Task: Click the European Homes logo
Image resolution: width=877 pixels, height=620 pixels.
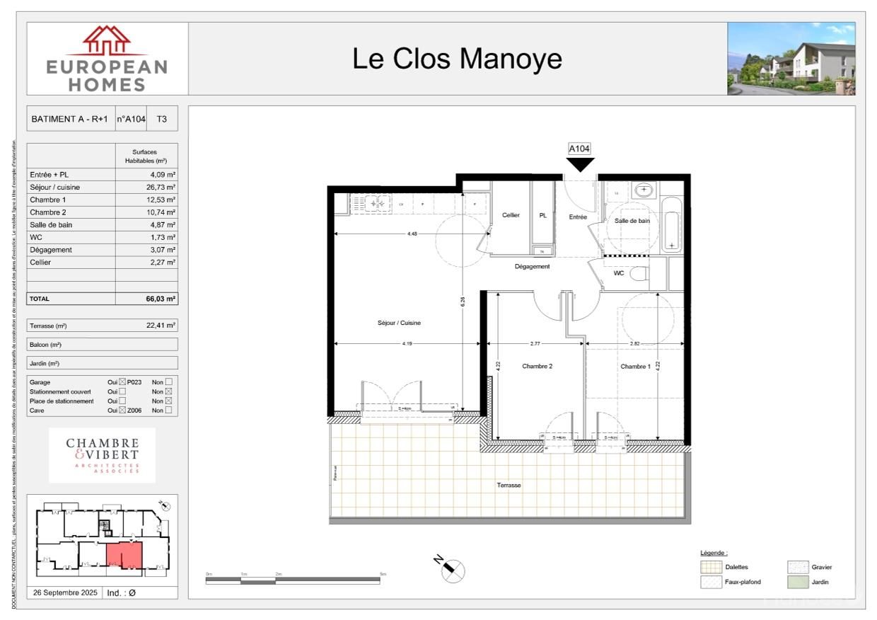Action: click(108, 59)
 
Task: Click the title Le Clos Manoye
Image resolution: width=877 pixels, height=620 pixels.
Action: click(457, 59)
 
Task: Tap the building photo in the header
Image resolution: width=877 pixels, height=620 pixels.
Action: click(791, 59)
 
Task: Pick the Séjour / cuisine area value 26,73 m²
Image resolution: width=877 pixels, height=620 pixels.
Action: click(161, 187)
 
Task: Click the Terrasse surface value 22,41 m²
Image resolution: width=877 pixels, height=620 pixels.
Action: click(161, 326)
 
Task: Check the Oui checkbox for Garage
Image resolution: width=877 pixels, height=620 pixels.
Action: click(122, 382)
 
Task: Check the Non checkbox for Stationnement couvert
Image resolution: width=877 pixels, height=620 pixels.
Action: click(168, 391)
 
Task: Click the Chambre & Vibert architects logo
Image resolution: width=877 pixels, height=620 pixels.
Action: click(103, 455)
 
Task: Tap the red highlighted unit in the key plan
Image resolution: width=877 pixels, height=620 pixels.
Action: click(124, 555)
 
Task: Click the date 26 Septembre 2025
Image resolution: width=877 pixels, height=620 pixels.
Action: click(64, 593)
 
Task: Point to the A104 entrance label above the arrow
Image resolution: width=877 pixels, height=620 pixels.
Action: click(579, 149)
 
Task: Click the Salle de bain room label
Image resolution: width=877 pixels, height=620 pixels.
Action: click(632, 221)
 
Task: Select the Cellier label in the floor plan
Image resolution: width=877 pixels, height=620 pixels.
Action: click(511, 215)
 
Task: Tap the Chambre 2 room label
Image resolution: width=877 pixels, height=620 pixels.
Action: click(537, 366)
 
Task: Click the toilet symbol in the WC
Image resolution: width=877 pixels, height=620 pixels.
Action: click(639, 273)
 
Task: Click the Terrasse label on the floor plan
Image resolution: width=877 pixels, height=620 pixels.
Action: click(509, 485)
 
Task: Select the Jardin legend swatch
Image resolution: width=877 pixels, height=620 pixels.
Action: click(798, 582)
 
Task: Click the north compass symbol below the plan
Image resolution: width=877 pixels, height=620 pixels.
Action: click(453, 569)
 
